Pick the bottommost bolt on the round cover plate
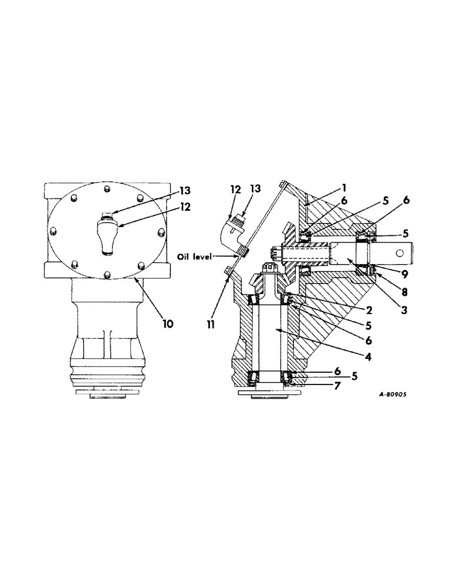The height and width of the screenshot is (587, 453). (x=106, y=274)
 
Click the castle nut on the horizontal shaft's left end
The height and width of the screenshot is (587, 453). (x=276, y=253)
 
